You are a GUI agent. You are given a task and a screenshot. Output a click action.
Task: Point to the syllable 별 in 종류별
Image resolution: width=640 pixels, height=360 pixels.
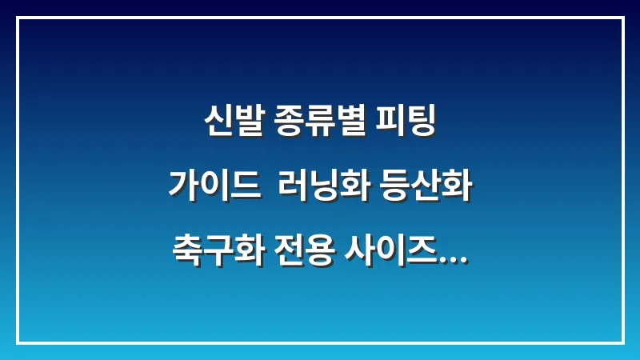(349, 123)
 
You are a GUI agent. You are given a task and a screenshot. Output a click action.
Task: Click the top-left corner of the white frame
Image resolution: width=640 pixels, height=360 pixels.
(17, 18)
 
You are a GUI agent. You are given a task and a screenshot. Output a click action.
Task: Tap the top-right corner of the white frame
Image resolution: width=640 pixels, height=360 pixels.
(622, 18)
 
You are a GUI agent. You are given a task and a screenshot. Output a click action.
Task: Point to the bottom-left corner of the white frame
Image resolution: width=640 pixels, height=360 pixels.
(17, 342)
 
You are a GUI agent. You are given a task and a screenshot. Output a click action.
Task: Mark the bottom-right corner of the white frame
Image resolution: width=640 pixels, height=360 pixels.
(622, 342)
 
